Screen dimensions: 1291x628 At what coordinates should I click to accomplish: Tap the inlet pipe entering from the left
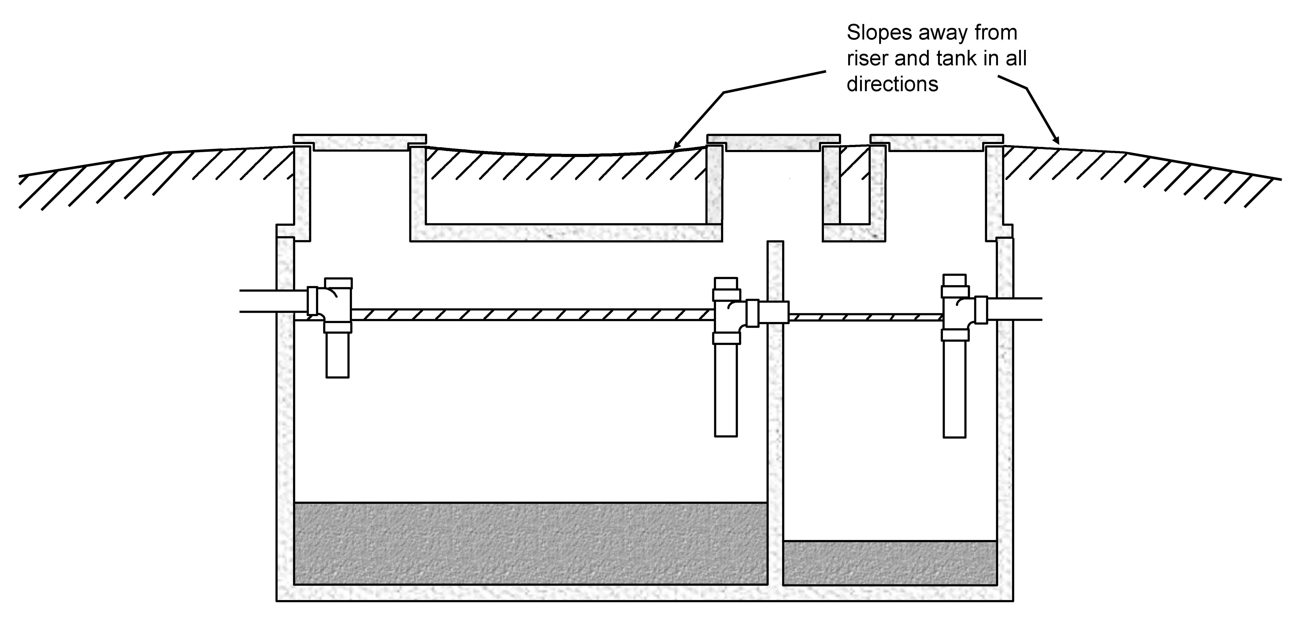pyautogui.click(x=273, y=301)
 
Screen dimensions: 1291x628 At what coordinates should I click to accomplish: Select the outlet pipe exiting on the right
pyautogui.click(x=1015, y=309)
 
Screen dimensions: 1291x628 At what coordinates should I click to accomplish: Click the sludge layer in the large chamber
pyautogui.click(x=530, y=543)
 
